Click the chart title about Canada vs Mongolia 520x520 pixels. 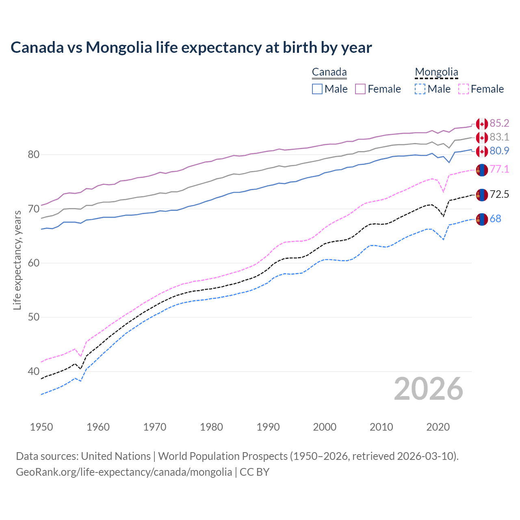(191, 48)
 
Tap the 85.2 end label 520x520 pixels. (499, 123)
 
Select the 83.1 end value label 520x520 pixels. (499, 137)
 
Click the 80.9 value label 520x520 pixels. (499, 151)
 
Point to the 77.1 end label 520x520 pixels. (499, 169)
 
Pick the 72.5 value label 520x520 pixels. (499, 194)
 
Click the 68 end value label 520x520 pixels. (495, 219)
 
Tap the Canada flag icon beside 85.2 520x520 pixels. (482, 123)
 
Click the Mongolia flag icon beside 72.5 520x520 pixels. (482, 195)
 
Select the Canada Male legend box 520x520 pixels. (317, 89)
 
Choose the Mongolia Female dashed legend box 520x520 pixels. (464, 89)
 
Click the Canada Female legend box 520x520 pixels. (360, 89)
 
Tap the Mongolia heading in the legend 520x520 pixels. (436, 72)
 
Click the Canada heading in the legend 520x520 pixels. (329, 72)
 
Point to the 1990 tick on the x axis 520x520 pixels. (268, 427)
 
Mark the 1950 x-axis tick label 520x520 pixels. (42, 427)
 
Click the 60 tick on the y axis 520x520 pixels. (34, 263)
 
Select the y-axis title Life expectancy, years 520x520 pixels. (17, 260)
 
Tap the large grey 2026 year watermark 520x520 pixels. (428, 389)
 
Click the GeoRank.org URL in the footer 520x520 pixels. (124, 472)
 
